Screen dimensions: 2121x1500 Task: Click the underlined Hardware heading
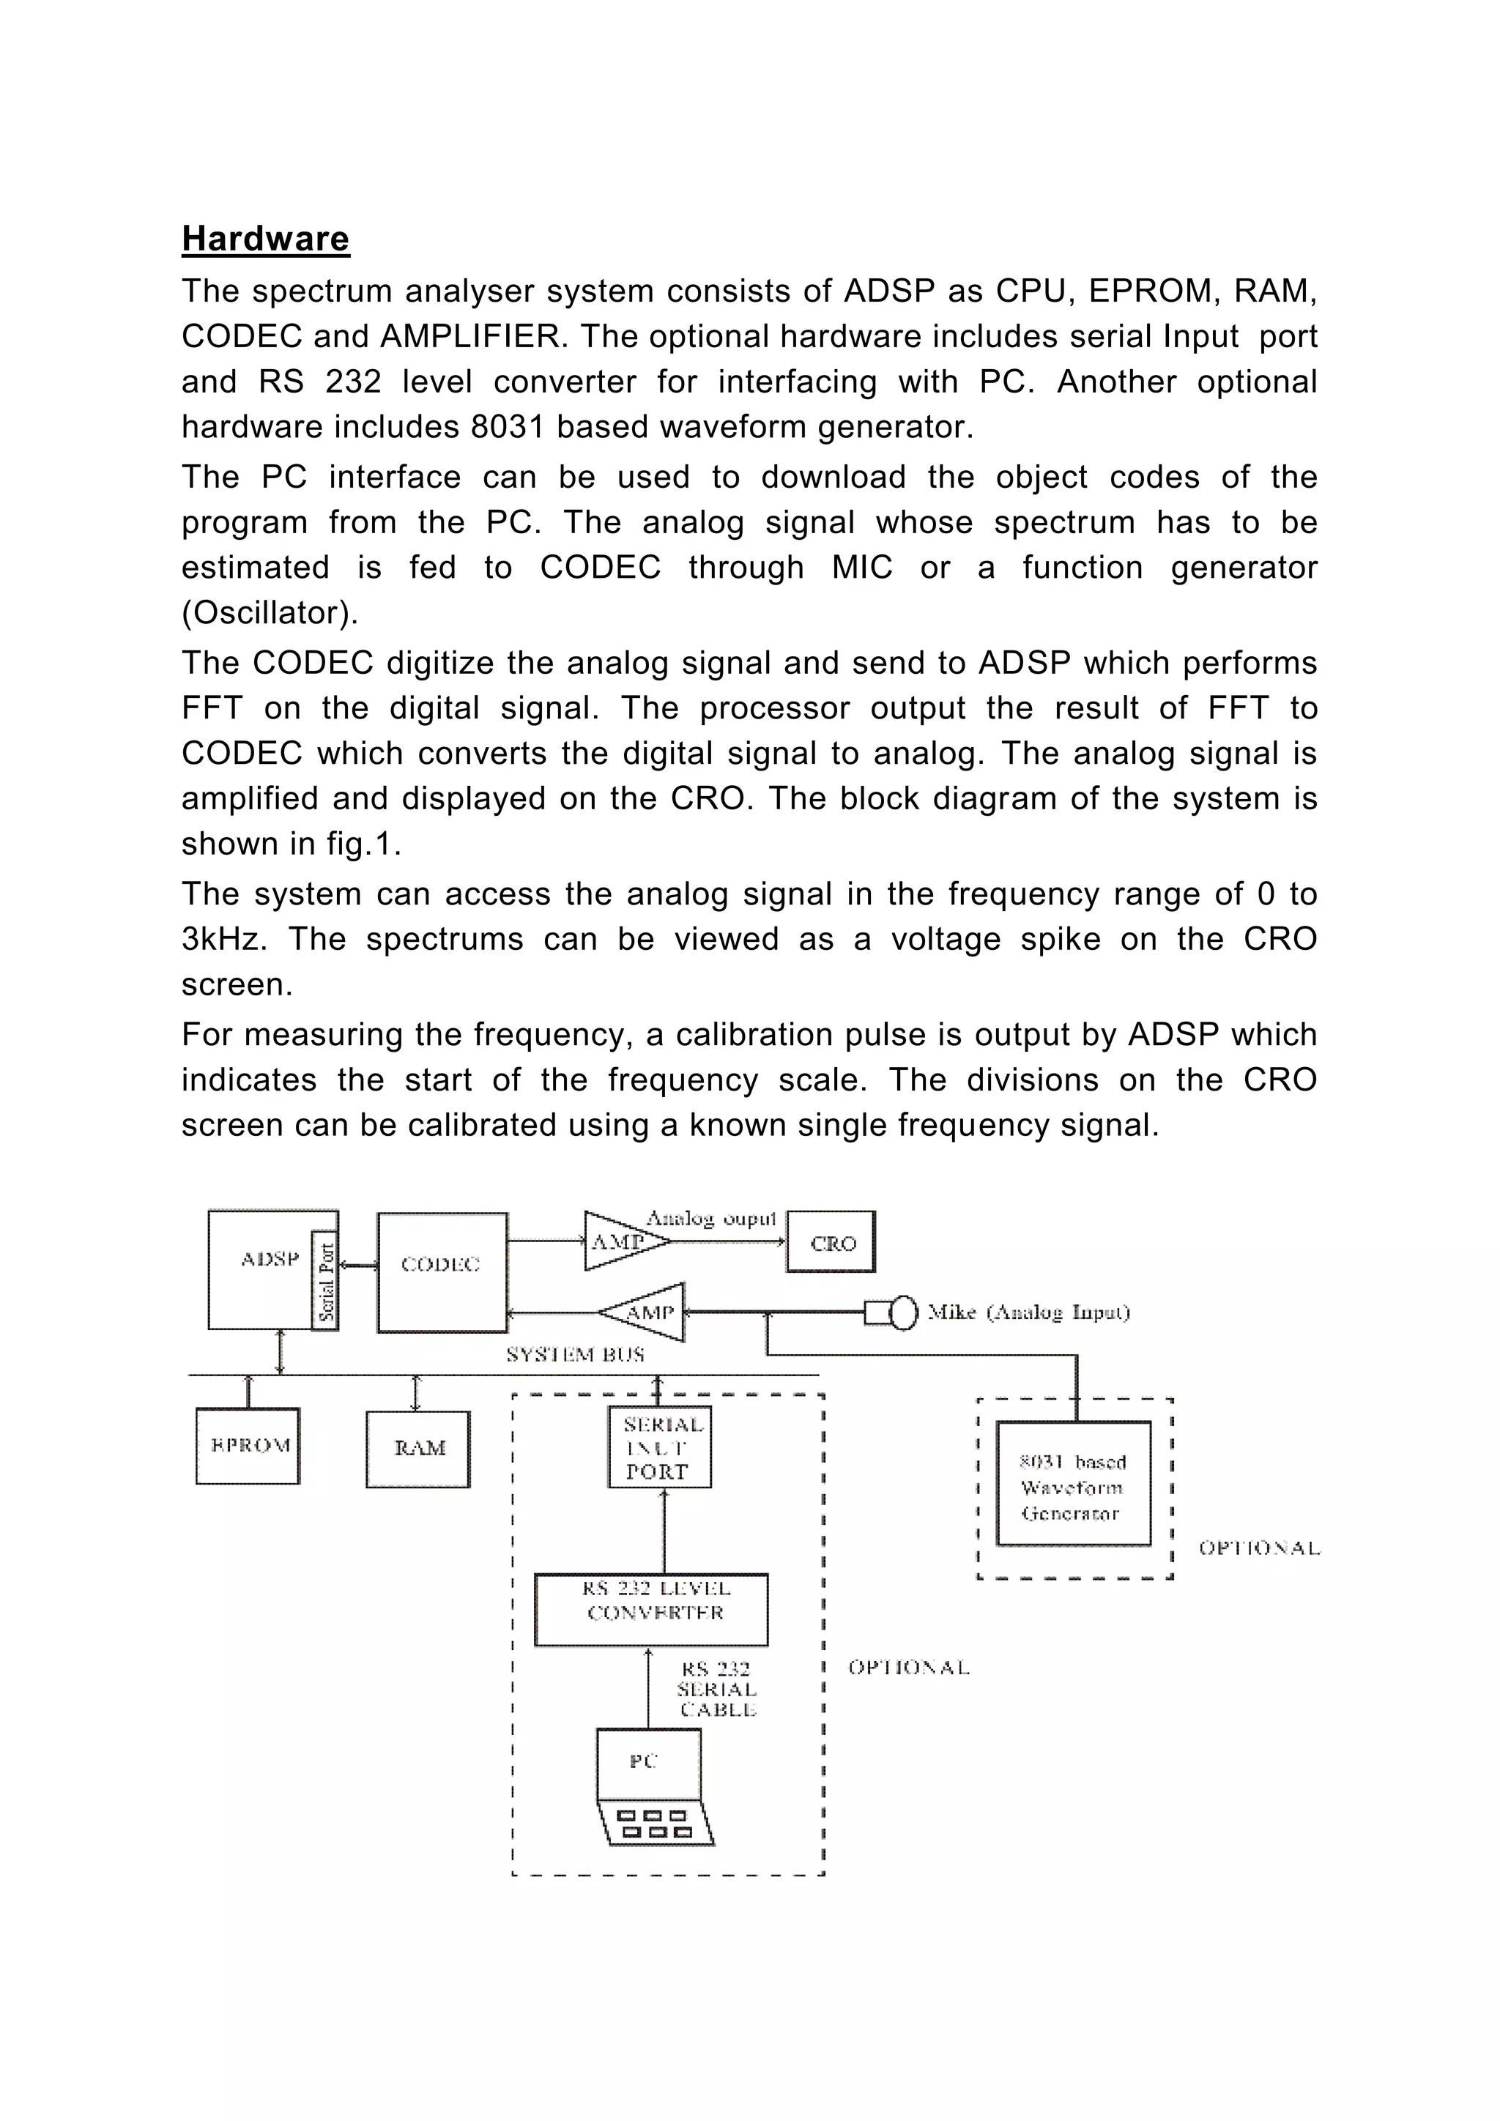[x=265, y=238]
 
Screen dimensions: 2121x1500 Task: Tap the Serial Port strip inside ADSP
[x=326, y=1280]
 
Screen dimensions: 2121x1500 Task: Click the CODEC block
[x=442, y=1272]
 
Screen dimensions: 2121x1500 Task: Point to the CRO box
[x=831, y=1242]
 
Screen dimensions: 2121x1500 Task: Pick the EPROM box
[x=248, y=1446]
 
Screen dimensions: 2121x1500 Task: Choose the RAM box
[x=418, y=1449]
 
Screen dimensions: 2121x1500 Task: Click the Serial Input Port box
[x=659, y=1446]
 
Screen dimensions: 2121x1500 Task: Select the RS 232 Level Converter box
[x=651, y=1610]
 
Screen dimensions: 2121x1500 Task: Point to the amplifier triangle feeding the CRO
[x=623, y=1241]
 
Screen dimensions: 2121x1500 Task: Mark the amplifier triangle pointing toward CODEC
[x=647, y=1312]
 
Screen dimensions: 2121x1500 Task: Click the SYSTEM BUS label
[x=574, y=1355]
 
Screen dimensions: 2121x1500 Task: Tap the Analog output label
[x=710, y=1219]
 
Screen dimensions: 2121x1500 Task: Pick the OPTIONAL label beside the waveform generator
[x=1258, y=1548]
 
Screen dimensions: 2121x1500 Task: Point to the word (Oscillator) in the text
[x=270, y=612]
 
